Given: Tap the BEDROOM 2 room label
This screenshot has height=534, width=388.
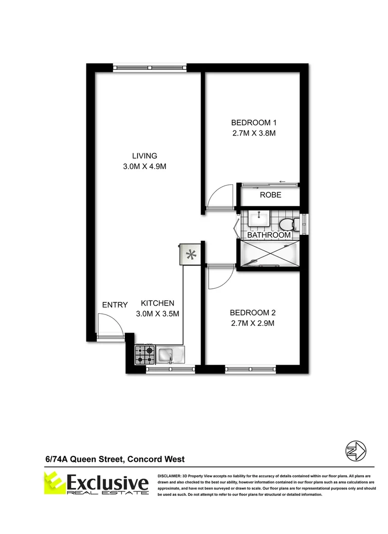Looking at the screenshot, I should [x=252, y=312].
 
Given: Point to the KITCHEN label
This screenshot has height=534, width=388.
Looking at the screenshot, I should [x=157, y=303].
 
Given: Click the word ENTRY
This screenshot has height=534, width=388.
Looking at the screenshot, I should [x=115, y=305].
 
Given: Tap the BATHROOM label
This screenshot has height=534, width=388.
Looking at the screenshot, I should [x=268, y=235].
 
